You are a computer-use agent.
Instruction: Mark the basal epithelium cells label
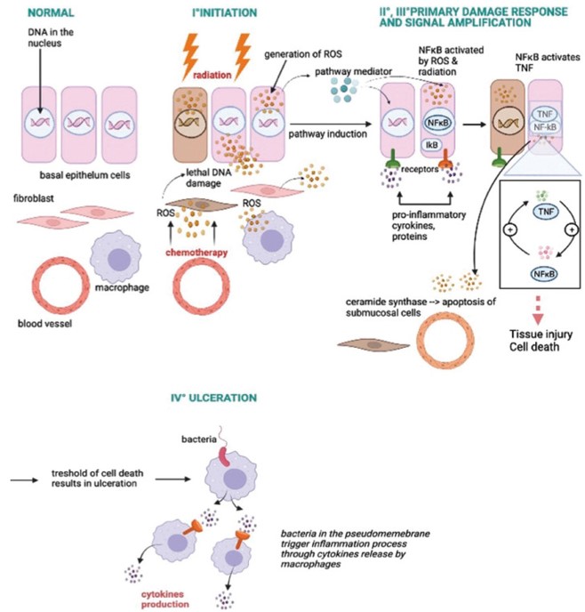coord(76,171)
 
